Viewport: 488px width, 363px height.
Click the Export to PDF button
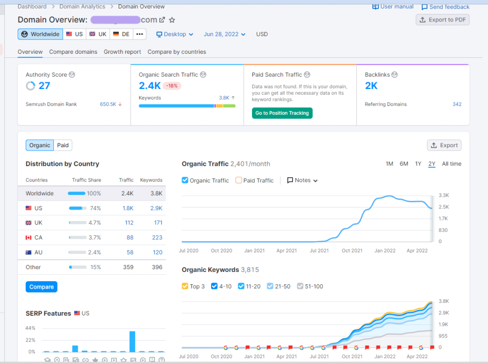click(x=442, y=20)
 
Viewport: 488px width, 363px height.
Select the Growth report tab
click(x=122, y=52)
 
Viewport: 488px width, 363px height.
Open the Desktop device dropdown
click(x=175, y=34)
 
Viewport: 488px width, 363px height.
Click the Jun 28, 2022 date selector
click(x=224, y=34)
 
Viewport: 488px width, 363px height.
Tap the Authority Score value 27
click(x=44, y=86)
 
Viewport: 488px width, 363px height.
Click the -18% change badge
click(x=172, y=86)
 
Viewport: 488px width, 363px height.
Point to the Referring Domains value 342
click(x=457, y=104)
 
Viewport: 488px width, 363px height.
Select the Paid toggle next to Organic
click(x=63, y=145)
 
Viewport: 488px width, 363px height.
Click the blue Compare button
click(x=41, y=287)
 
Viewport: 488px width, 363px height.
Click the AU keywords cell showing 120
click(x=157, y=252)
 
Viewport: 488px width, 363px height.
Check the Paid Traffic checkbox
click(x=239, y=181)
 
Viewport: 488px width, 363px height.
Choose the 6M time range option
click(x=404, y=164)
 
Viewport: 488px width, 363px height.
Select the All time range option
click(x=451, y=164)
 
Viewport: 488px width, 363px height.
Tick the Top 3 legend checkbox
click(x=185, y=286)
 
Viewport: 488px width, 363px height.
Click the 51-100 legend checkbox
click(x=300, y=286)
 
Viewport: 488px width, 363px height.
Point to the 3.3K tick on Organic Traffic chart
click(x=444, y=195)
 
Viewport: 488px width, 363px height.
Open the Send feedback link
click(x=445, y=7)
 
